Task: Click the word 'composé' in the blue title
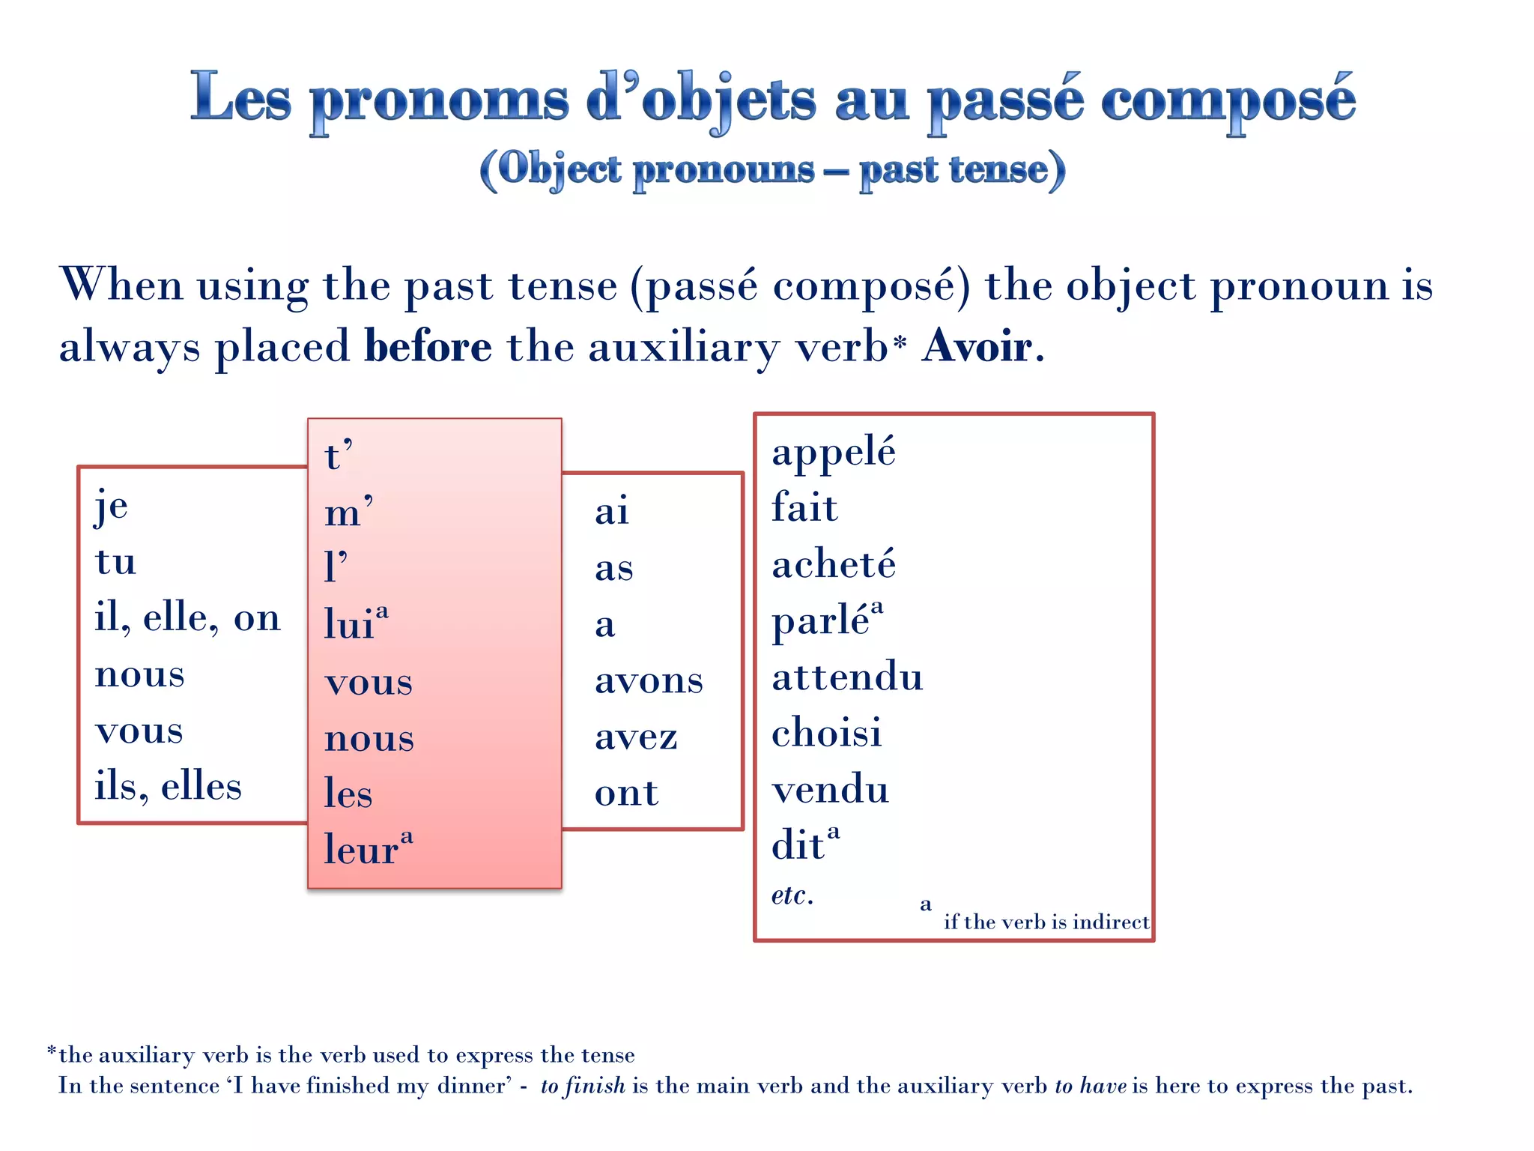click(1228, 101)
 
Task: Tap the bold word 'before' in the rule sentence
click(428, 347)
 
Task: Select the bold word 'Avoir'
click(977, 347)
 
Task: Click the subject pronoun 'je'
click(112, 507)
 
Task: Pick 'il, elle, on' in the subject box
click(187, 619)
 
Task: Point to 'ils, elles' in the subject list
click(168, 787)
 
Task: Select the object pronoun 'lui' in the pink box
click(349, 624)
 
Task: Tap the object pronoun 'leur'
click(361, 850)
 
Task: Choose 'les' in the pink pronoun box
click(348, 794)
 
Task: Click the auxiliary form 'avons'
click(649, 680)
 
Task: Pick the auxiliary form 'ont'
click(626, 793)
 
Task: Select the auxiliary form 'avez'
click(636, 737)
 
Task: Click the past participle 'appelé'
click(834, 452)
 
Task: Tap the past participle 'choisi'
click(827, 733)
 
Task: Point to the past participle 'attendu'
click(847, 677)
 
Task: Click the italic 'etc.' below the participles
click(792, 895)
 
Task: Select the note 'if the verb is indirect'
click(1046, 922)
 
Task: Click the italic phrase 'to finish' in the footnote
click(583, 1086)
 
